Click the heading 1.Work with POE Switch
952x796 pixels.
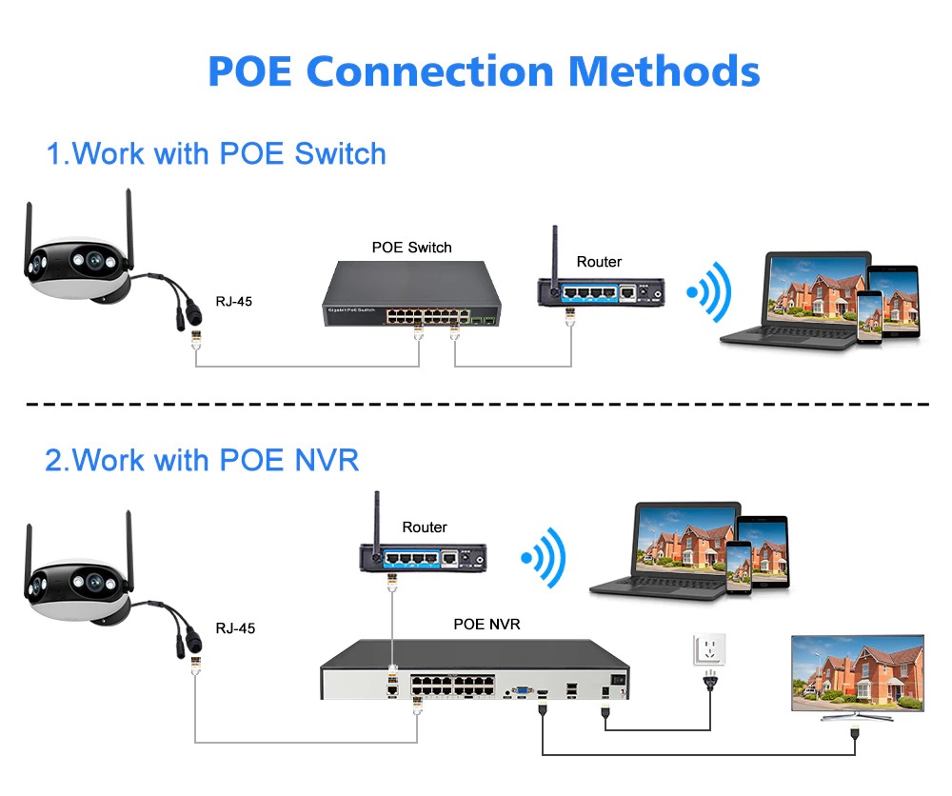tap(216, 153)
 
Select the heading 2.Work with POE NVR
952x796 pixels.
tap(202, 460)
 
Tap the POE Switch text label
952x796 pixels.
tap(411, 248)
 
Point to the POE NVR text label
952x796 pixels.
tap(486, 625)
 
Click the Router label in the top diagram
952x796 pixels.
tap(599, 262)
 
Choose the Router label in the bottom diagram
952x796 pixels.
tap(424, 527)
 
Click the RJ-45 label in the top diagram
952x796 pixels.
tap(234, 302)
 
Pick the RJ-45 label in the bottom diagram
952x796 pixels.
tap(235, 628)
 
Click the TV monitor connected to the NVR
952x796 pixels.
tap(857, 677)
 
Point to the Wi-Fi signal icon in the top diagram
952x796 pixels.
tap(709, 292)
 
